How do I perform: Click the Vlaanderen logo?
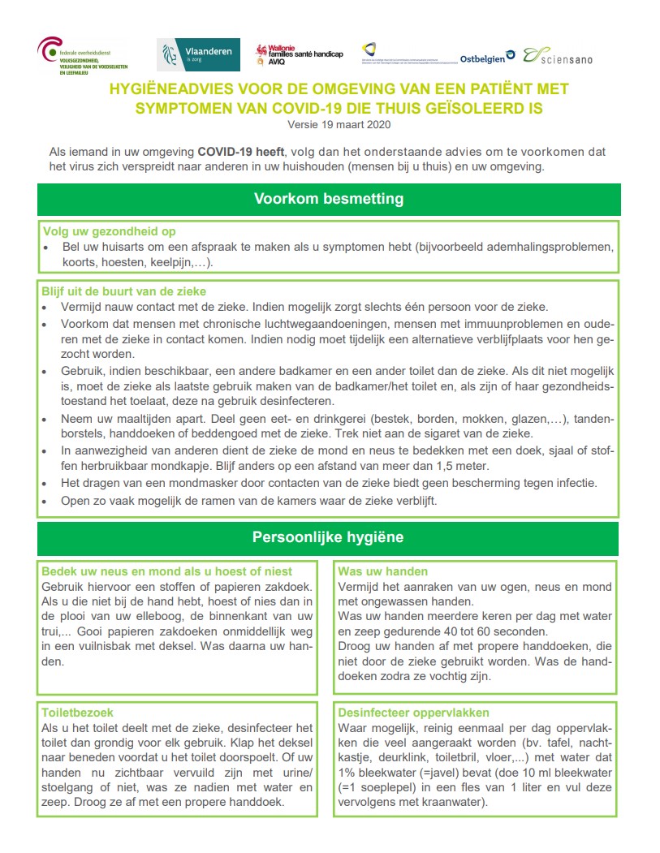pyautogui.click(x=198, y=54)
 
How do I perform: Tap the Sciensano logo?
pyautogui.click(x=558, y=56)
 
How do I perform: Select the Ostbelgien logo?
pyautogui.click(x=487, y=58)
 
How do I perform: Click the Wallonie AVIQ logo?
pyautogui.click(x=298, y=54)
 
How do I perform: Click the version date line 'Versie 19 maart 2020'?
pyautogui.click(x=339, y=125)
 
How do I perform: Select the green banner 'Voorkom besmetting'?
pyautogui.click(x=328, y=199)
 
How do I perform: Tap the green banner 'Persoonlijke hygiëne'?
pyautogui.click(x=328, y=537)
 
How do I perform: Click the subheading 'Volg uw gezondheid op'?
pyautogui.click(x=109, y=231)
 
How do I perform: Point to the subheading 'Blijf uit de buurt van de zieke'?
pyautogui.click(x=123, y=291)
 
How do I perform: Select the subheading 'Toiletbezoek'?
pyautogui.click(x=77, y=712)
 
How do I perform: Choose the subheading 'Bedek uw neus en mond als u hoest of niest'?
pyautogui.click(x=166, y=571)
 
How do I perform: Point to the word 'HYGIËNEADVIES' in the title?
pyautogui.click(x=165, y=88)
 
